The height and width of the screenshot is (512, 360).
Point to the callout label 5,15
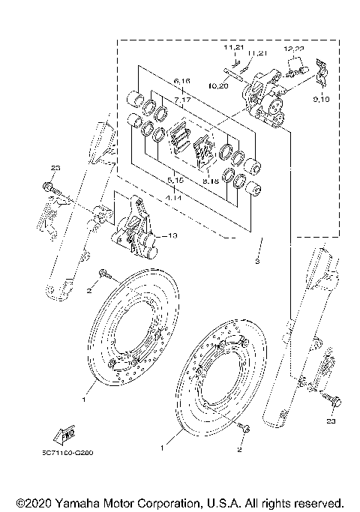tap(177, 181)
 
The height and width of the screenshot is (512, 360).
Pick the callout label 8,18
tap(211, 181)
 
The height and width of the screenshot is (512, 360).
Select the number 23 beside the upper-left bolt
tap(54, 166)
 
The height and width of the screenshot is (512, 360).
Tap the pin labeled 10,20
tap(237, 72)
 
